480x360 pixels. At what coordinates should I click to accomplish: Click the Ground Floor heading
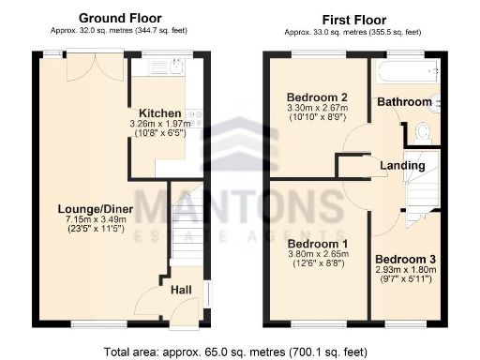pos(120,18)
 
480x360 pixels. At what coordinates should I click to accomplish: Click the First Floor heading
pos(355,18)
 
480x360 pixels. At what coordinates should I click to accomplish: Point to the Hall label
pos(182,290)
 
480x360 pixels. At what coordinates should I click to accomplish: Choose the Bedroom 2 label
pos(317,97)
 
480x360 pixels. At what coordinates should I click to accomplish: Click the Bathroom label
pos(404,101)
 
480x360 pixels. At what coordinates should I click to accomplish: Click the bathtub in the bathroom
pos(405,73)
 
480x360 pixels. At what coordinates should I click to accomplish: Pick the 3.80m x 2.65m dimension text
pos(317,256)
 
